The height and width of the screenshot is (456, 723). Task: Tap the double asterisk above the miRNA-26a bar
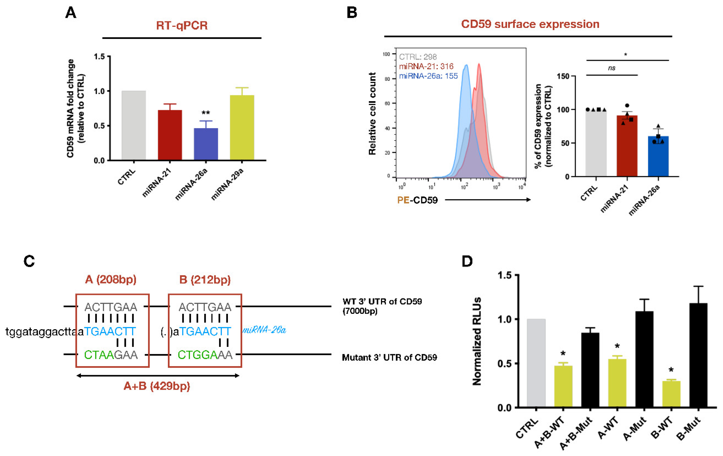[x=206, y=113]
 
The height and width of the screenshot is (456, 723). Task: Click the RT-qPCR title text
[x=182, y=25]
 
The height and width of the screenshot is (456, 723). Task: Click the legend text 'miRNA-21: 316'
[x=426, y=66]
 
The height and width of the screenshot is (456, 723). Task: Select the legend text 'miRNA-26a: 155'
[x=428, y=76]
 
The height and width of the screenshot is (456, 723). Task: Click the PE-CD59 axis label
[x=417, y=200]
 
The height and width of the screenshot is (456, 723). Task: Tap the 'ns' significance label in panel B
[x=612, y=68]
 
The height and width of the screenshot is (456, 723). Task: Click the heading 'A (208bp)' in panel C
[x=111, y=280]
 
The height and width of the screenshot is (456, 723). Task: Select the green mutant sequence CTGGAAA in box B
[x=205, y=355]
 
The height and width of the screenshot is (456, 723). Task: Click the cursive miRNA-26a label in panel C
[x=264, y=330]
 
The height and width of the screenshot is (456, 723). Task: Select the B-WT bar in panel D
[x=671, y=394]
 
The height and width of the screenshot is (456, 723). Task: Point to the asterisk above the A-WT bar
[x=617, y=346]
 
